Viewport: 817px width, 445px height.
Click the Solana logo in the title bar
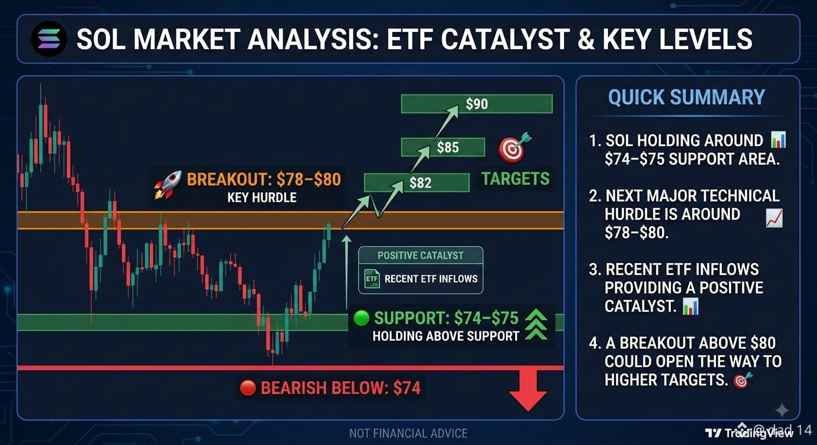tap(49, 39)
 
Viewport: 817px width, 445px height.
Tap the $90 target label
tap(477, 104)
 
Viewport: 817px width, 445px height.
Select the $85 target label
tap(448, 148)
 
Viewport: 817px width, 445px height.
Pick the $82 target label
tap(420, 183)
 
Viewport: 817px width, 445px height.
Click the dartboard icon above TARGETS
tap(514, 148)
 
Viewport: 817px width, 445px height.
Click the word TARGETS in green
tap(515, 179)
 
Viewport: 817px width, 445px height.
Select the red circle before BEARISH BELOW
tap(248, 388)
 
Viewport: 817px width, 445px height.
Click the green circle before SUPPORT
tap(361, 318)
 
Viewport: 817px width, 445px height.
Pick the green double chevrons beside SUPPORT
tap(536, 325)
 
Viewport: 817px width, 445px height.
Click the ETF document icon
tap(372, 279)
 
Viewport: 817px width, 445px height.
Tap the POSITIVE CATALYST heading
tap(420, 256)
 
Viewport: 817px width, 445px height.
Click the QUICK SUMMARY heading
tap(686, 97)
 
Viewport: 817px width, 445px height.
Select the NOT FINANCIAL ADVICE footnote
tap(408, 433)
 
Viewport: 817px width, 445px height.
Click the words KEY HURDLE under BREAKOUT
tap(262, 198)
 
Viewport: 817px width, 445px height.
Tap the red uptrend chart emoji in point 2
tap(774, 218)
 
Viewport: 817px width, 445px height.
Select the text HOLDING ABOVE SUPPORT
tap(446, 336)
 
